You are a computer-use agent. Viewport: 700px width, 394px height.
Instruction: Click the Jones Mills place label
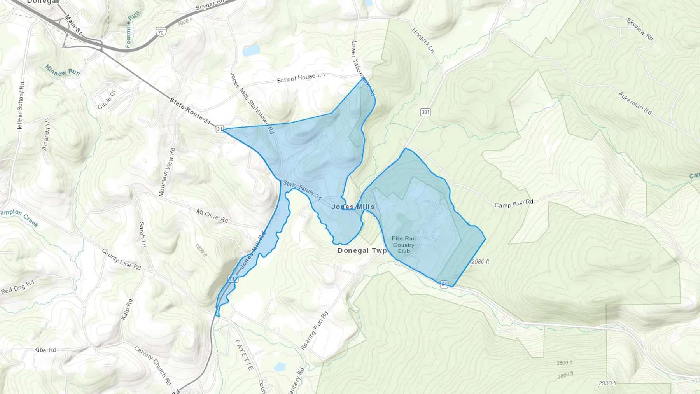[353, 207]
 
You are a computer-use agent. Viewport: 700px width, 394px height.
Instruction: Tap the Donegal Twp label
[362, 250]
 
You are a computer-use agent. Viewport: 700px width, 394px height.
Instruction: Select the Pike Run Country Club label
[404, 245]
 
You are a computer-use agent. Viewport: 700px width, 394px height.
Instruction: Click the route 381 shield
[425, 112]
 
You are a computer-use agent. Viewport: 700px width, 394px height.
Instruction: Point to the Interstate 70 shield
[161, 32]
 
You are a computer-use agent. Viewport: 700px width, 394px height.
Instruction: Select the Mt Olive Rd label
[212, 216]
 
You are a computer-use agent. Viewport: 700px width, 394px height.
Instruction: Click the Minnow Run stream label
[62, 70]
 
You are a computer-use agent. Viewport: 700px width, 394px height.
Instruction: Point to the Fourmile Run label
[132, 30]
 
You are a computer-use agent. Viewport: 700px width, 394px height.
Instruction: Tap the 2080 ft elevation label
[480, 262]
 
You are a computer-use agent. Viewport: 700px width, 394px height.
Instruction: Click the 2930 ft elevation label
[607, 383]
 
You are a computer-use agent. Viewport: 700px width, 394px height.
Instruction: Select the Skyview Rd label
[640, 29]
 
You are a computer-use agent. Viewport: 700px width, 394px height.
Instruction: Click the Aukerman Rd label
[635, 103]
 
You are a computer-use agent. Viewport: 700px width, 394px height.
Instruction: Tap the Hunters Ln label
[423, 40]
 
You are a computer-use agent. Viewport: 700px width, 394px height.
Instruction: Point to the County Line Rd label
[121, 259]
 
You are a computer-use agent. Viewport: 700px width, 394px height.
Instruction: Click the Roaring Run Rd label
[314, 331]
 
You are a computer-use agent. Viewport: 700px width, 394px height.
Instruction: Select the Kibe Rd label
[45, 350]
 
